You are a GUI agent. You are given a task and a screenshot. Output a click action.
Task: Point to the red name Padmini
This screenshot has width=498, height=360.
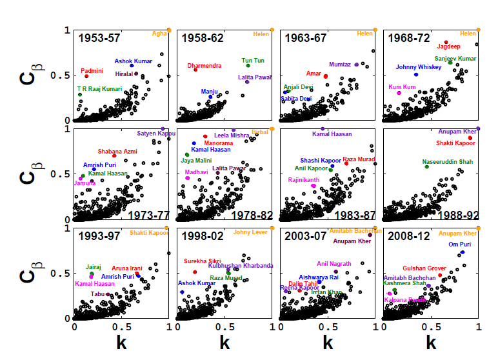(x=92, y=70)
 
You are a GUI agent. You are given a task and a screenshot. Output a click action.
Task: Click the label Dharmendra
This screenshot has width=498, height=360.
(x=204, y=66)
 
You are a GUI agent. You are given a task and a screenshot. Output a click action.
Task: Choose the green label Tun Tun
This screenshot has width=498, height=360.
(x=253, y=61)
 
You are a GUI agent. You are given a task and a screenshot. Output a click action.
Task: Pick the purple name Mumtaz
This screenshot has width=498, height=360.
(x=340, y=65)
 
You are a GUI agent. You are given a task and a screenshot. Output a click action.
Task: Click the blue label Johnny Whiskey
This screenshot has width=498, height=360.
(x=419, y=67)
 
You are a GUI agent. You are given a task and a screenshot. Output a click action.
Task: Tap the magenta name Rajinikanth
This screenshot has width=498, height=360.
(x=304, y=180)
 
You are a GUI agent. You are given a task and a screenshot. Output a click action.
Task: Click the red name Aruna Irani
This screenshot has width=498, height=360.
(x=127, y=268)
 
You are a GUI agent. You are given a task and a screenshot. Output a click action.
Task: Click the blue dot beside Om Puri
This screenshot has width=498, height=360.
(x=463, y=252)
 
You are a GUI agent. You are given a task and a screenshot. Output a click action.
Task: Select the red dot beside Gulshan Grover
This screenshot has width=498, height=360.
(x=440, y=275)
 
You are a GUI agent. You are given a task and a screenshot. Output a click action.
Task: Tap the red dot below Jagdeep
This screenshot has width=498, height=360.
(x=446, y=42)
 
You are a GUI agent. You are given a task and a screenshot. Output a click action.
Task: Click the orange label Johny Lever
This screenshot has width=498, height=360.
(x=250, y=232)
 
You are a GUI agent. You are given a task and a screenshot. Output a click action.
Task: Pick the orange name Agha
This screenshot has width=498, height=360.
(x=159, y=34)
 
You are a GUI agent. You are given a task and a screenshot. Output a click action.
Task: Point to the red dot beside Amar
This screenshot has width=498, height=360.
(x=325, y=76)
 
